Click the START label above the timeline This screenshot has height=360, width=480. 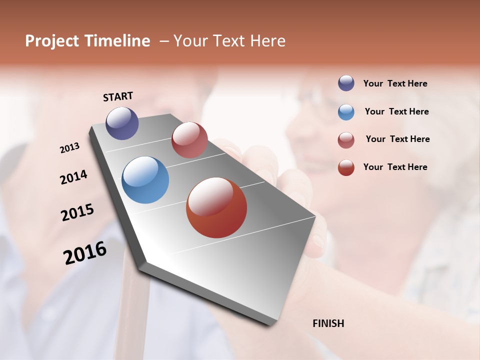click(118, 96)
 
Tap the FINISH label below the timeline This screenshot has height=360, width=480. click(328, 323)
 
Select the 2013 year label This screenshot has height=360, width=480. click(70, 148)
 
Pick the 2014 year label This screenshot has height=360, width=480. click(73, 177)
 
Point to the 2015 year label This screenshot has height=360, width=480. click(77, 212)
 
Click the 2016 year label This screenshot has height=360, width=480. click(85, 252)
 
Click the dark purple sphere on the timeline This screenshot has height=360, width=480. click(122, 123)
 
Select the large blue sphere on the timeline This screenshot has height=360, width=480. click(145, 180)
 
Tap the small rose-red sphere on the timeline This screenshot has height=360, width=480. click(189, 140)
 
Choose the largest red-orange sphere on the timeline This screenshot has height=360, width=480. click(216, 207)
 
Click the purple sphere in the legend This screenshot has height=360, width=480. click(346, 83)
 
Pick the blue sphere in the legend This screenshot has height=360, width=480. click(346, 112)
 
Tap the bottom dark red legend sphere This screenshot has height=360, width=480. click(346, 167)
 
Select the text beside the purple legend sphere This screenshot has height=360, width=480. click(395, 84)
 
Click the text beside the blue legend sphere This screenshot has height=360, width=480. click(396, 111)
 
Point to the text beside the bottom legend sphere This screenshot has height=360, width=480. click(395, 167)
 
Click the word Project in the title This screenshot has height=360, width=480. click(51, 41)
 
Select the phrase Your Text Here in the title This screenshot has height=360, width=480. click(229, 41)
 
